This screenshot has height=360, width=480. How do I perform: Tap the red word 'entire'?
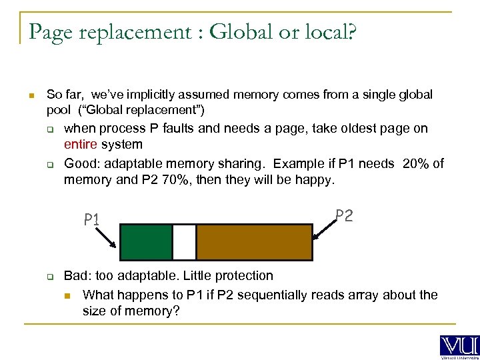(x=81, y=144)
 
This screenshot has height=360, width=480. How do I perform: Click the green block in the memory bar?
(x=145, y=241)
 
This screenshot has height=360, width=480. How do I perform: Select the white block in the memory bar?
(x=184, y=241)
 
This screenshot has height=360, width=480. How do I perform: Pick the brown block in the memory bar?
(x=254, y=241)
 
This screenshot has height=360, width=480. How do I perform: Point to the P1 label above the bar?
(x=91, y=219)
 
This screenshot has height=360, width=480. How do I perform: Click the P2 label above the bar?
(x=344, y=215)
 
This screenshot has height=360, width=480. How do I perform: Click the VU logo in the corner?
(x=459, y=345)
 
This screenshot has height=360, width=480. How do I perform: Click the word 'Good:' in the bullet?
(x=81, y=164)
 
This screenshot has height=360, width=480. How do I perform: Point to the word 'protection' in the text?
(x=243, y=275)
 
